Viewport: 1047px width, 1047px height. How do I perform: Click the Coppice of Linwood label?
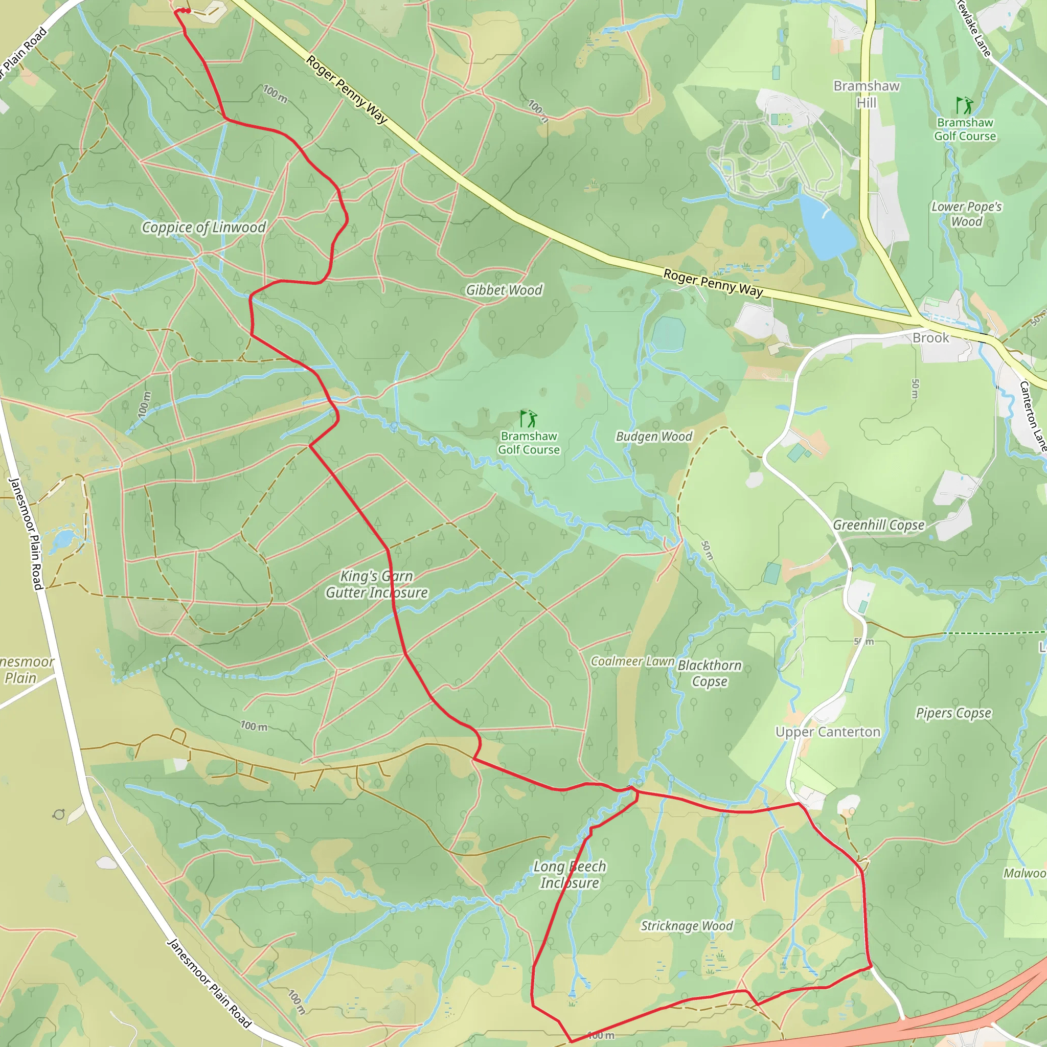click(204, 227)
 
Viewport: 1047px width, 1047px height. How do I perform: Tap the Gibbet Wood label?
click(504, 290)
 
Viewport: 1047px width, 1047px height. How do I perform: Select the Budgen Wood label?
click(654, 437)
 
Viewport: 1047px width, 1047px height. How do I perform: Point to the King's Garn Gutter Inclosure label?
click(377, 585)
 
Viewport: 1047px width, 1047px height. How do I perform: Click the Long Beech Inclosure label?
click(570, 875)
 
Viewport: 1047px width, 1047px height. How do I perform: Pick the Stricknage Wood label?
click(687, 926)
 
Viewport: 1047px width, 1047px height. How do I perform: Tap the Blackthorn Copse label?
click(710, 673)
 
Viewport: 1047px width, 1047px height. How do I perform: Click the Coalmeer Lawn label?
click(632, 661)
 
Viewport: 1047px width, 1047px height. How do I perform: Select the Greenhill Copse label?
click(878, 525)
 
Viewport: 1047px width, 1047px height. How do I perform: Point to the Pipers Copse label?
click(954, 713)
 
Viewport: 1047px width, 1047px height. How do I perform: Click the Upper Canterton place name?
click(828, 732)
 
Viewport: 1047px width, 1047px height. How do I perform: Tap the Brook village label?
click(930, 338)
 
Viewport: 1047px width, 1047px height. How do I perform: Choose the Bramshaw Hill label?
click(866, 94)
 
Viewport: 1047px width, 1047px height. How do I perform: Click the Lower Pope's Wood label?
click(967, 214)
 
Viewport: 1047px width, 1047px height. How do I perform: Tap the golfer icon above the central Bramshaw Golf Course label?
click(528, 419)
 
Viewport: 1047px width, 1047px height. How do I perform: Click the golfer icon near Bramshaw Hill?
click(964, 105)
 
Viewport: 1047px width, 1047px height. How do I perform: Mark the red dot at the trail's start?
click(187, 11)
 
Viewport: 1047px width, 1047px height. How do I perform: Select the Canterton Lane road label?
click(1032, 416)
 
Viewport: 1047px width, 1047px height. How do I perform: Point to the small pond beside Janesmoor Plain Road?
click(63, 539)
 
